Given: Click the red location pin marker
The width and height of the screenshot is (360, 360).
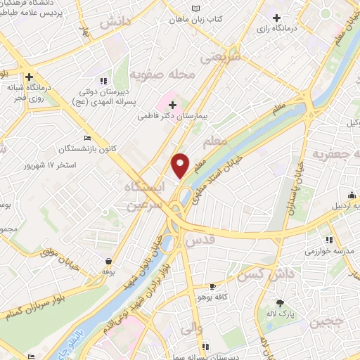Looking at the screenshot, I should [x=181, y=165].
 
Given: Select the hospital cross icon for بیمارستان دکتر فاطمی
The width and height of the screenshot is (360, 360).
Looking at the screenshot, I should [x=172, y=105].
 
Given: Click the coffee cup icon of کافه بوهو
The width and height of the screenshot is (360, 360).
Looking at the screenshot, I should [x=213, y=287].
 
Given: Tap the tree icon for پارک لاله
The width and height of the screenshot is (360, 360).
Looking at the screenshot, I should [x=281, y=304].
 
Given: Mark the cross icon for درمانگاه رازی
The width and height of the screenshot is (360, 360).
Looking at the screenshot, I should [x=276, y=18].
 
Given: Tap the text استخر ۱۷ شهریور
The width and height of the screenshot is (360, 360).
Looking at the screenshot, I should [x=49, y=165].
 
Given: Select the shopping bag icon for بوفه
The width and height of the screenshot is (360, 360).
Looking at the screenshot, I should [x=108, y=262].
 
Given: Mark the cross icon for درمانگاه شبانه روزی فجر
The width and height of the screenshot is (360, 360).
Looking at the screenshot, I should [x=29, y=77].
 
